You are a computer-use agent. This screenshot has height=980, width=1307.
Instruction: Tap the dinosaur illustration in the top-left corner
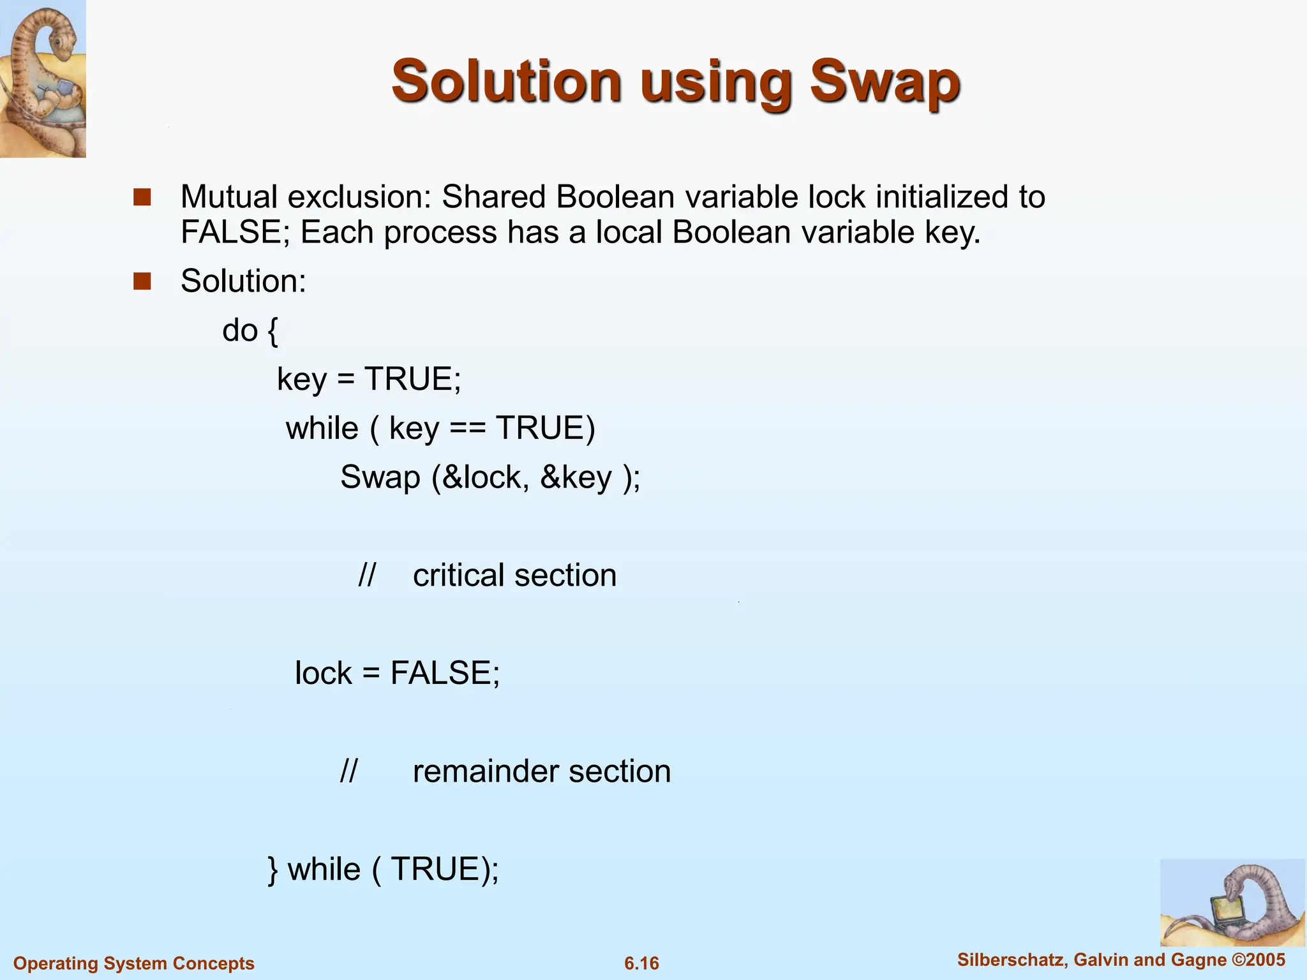coord(43,78)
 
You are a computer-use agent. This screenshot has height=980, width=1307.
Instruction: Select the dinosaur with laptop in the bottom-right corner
coord(1232,903)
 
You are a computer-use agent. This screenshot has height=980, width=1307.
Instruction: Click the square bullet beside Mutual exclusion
coord(142,197)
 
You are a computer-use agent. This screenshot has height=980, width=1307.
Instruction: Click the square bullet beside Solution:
coord(142,281)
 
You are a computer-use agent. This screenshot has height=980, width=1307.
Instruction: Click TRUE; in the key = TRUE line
coord(412,379)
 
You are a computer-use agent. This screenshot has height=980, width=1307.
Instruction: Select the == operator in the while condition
coord(467,428)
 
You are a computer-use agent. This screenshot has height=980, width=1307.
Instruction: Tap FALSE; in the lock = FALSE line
coord(445,673)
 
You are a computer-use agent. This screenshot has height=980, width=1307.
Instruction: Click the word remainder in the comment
coord(485,771)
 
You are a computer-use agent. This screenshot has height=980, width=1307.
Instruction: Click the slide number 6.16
coord(641,963)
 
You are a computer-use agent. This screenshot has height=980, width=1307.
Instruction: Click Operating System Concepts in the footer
coord(134,963)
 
